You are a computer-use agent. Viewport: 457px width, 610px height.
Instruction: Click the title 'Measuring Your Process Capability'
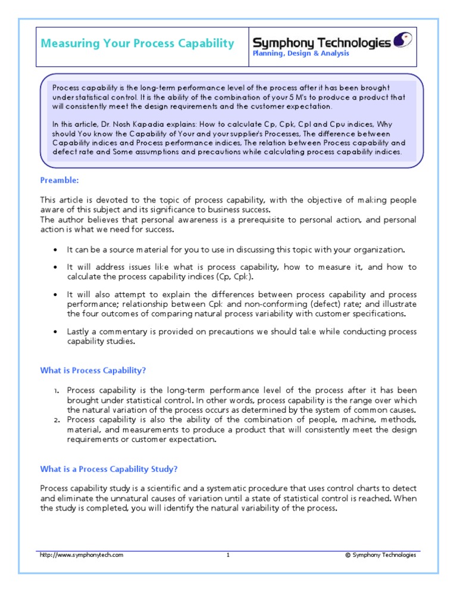coord(137,43)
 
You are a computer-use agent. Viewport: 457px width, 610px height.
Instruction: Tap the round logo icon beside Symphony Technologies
coord(403,41)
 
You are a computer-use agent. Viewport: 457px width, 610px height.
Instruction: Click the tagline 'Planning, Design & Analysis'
coord(301,54)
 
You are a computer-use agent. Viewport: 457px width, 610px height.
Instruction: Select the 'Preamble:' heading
coord(60,180)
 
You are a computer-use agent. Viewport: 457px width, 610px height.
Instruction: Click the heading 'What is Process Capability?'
coord(93,370)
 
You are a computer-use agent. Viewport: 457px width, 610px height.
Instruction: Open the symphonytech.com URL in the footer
coord(82,555)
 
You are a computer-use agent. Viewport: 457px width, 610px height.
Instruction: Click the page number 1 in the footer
coord(228,555)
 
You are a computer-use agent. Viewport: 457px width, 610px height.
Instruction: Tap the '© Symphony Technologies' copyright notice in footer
coord(380,555)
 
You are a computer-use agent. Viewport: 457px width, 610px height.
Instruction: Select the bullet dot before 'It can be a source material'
coord(55,250)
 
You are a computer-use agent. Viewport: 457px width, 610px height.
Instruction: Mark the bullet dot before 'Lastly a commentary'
coord(55,332)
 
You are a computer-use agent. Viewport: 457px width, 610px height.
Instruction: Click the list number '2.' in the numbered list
coord(55,420)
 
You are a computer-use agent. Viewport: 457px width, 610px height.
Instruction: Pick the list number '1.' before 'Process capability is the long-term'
coord(55,391)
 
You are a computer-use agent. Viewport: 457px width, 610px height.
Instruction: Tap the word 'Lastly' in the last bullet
coord(79,332)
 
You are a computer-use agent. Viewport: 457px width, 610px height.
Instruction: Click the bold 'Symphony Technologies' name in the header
coord(322,42)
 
